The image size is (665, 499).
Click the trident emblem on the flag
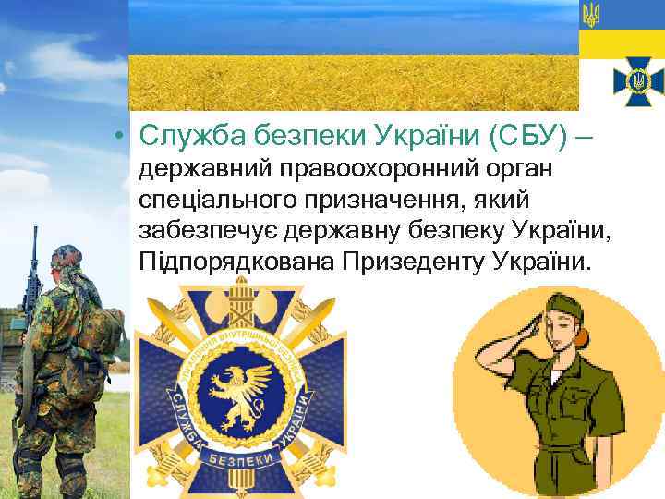592,15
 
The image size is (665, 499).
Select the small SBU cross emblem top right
636,83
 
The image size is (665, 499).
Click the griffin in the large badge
241,388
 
